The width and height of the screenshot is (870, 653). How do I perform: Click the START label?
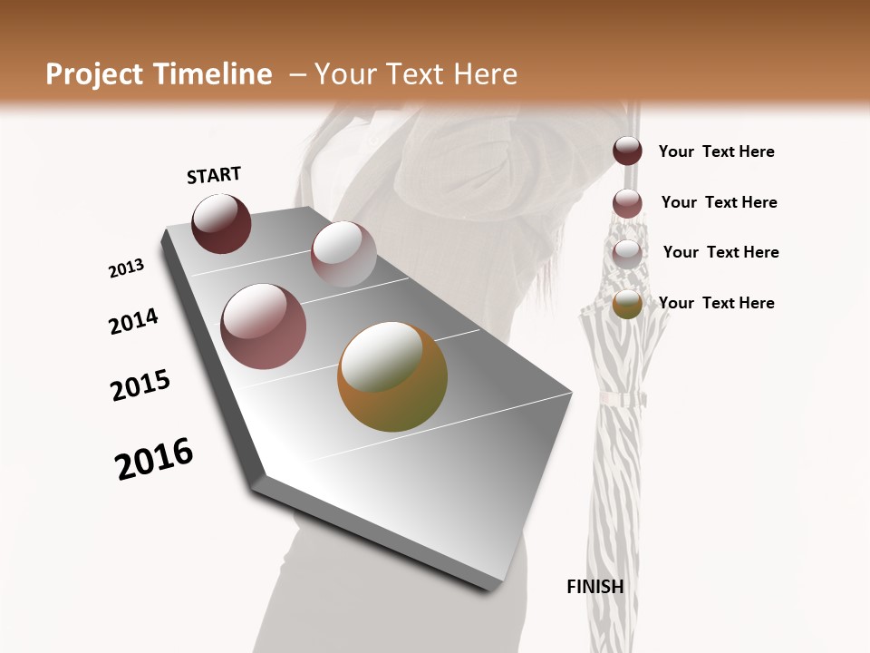pyautogui.click(x=214, y=175)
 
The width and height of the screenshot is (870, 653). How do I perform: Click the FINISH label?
pyautogui.click(x=594, y=587)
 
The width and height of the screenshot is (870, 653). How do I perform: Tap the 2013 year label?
pyautogui.click(x=126, y=268)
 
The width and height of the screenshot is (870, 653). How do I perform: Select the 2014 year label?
pyautogui.click(x=133, y=322)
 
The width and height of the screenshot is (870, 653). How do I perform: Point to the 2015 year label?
pyautogui.click(x=140, y=385)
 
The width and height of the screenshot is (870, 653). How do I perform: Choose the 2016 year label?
pyautogui.click(x=154, y=459)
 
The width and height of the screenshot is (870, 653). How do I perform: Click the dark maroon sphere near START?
pyautogui.click(x=221, y=223)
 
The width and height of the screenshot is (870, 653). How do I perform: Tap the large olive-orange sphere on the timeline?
pyautogui.click(x=392, y=376)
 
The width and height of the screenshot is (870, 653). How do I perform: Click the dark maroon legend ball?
pyautogui.click(x=627, y=151)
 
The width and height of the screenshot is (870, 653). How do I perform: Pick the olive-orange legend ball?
pyautogui.click(x=627, y=304)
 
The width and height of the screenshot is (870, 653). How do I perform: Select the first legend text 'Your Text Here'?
pyautogui.click(x=716, y=151)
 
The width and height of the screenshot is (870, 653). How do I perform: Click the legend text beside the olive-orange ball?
pyautogui.click(x=716, y=303)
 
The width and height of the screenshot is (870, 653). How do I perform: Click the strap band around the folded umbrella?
pyautogui.click(x=620, y=399)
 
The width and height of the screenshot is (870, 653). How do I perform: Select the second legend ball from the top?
pyautogui.click(x=627, y=202)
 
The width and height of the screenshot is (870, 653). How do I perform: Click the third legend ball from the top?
pyautogui.click(x=627, y=253)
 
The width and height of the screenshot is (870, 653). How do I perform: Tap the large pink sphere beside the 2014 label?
pyautogui.click(x=263, y=326)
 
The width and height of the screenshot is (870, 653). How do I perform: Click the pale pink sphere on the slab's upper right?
pyautogui.click(x=343, y=254)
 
